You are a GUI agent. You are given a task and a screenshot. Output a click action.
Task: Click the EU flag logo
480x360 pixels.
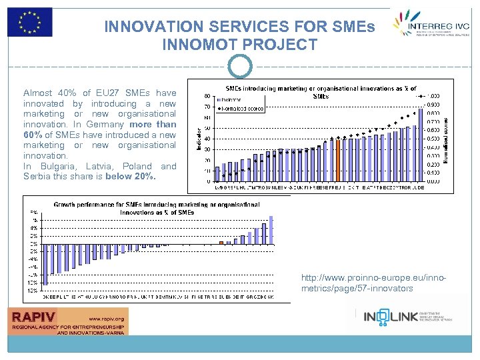(x=29, y=22)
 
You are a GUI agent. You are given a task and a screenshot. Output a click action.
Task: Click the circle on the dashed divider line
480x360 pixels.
(x=240, y=66)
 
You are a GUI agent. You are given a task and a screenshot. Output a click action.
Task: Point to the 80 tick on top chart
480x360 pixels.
(x=209, y=95)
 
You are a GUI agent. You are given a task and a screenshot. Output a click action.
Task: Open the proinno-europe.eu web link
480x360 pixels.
(x=357, y=283)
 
